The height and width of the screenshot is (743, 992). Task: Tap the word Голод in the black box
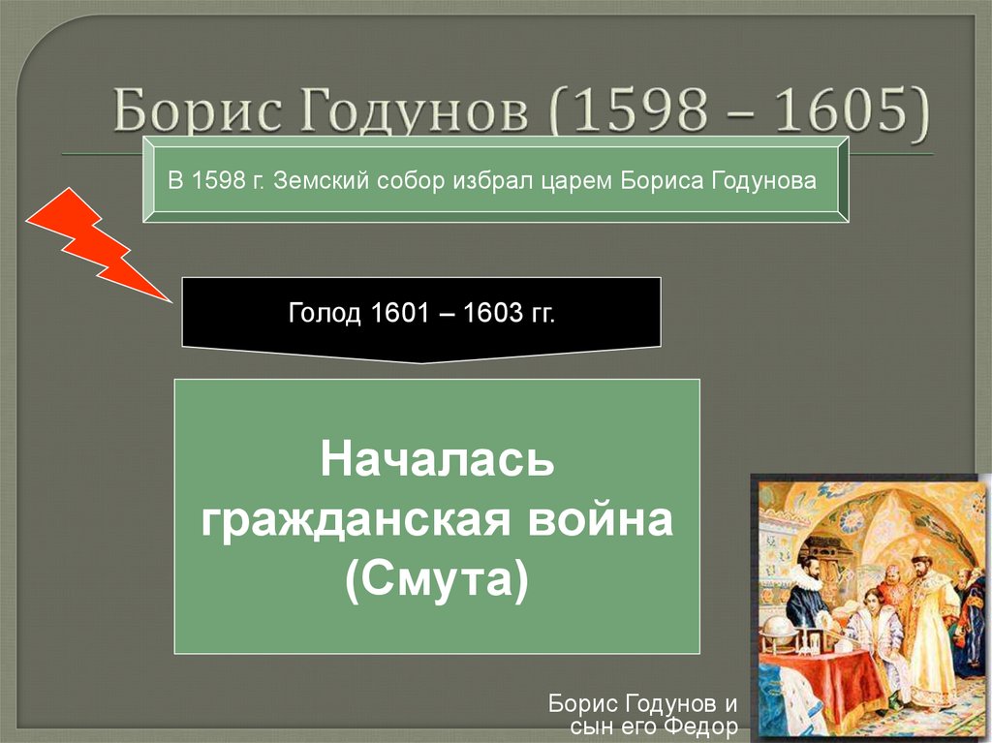click(x=325, y=313)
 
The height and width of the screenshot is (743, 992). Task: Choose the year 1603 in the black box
click(x=490, y=313)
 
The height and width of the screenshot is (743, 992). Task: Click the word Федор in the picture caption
click(x=702, y=726)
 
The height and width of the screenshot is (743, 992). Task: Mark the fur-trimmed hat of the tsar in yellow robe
click(x=918, y=560)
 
